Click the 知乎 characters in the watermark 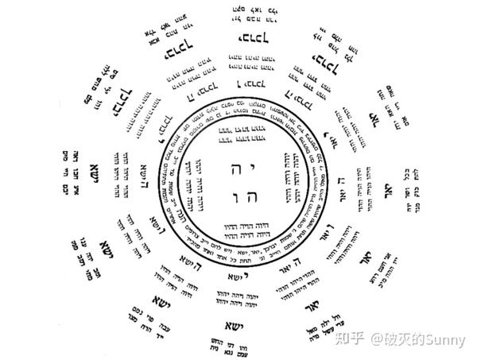[x=347, y=340]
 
